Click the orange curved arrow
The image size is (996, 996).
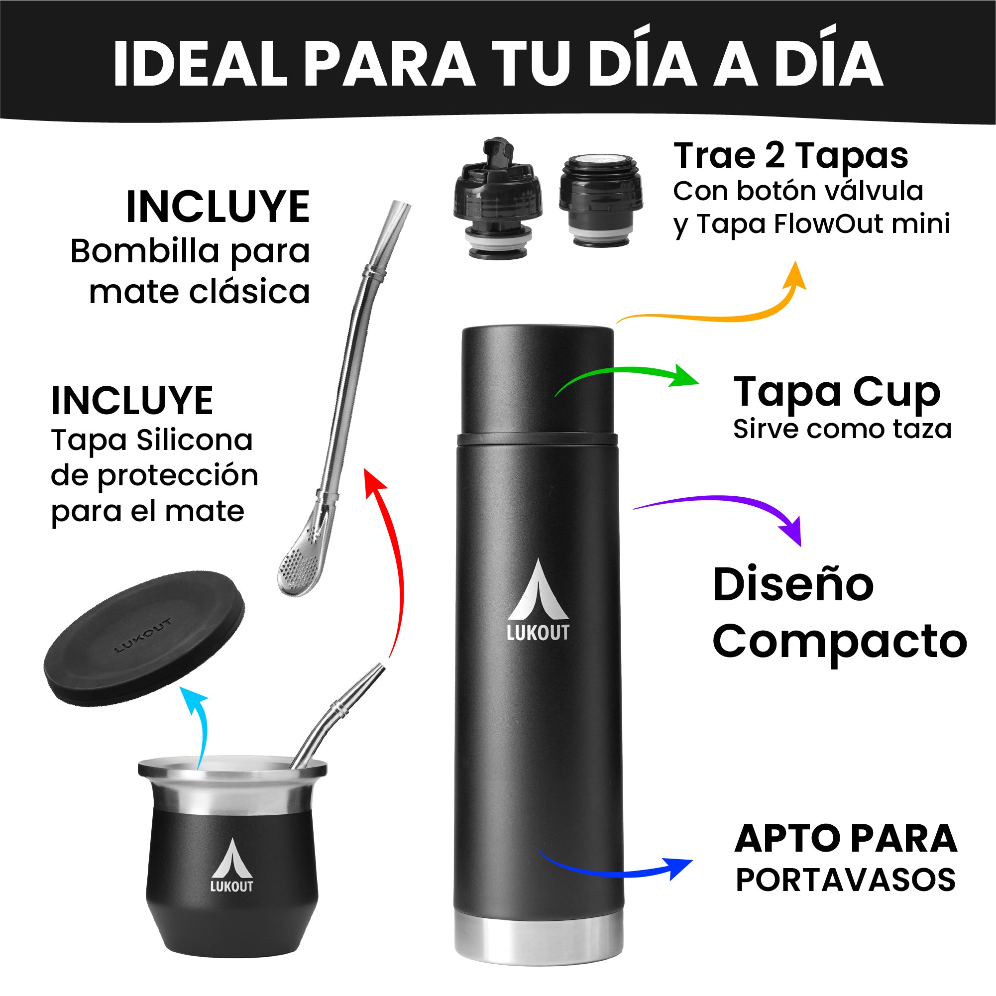pyautogui.click(x=722, y=317)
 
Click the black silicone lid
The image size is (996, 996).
pyautogui.click(x=144, y=638)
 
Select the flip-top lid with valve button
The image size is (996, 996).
pyautogui.click(x=497, y=199)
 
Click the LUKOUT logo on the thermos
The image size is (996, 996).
pyautogui.click(x=538, y=601)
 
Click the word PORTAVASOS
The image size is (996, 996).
pyautogui.click(x=846, y=880)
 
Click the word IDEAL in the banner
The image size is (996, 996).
pyautogui.click(x=200, y=63)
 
